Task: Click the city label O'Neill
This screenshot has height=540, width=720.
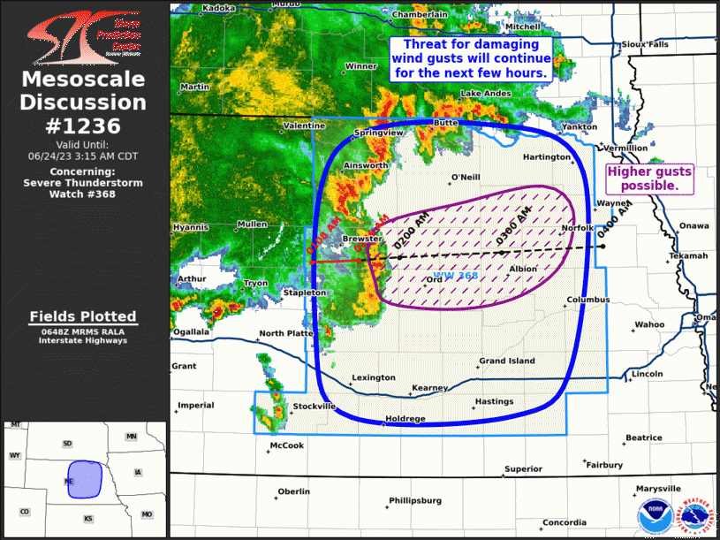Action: coord(466,176)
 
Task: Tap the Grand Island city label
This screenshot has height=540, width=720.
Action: coord(507,361)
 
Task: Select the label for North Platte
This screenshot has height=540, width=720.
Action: coord(286,334)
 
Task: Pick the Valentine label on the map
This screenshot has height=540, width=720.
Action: coord(305,126)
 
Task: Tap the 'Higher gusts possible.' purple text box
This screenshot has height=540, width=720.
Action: coord(649,179)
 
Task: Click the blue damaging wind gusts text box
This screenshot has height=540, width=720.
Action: coord(472,59)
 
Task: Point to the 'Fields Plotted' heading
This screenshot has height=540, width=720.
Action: coord(83,316)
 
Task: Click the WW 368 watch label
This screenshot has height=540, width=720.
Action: coord(455,276)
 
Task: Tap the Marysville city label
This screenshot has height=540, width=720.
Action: coord(658,488)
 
